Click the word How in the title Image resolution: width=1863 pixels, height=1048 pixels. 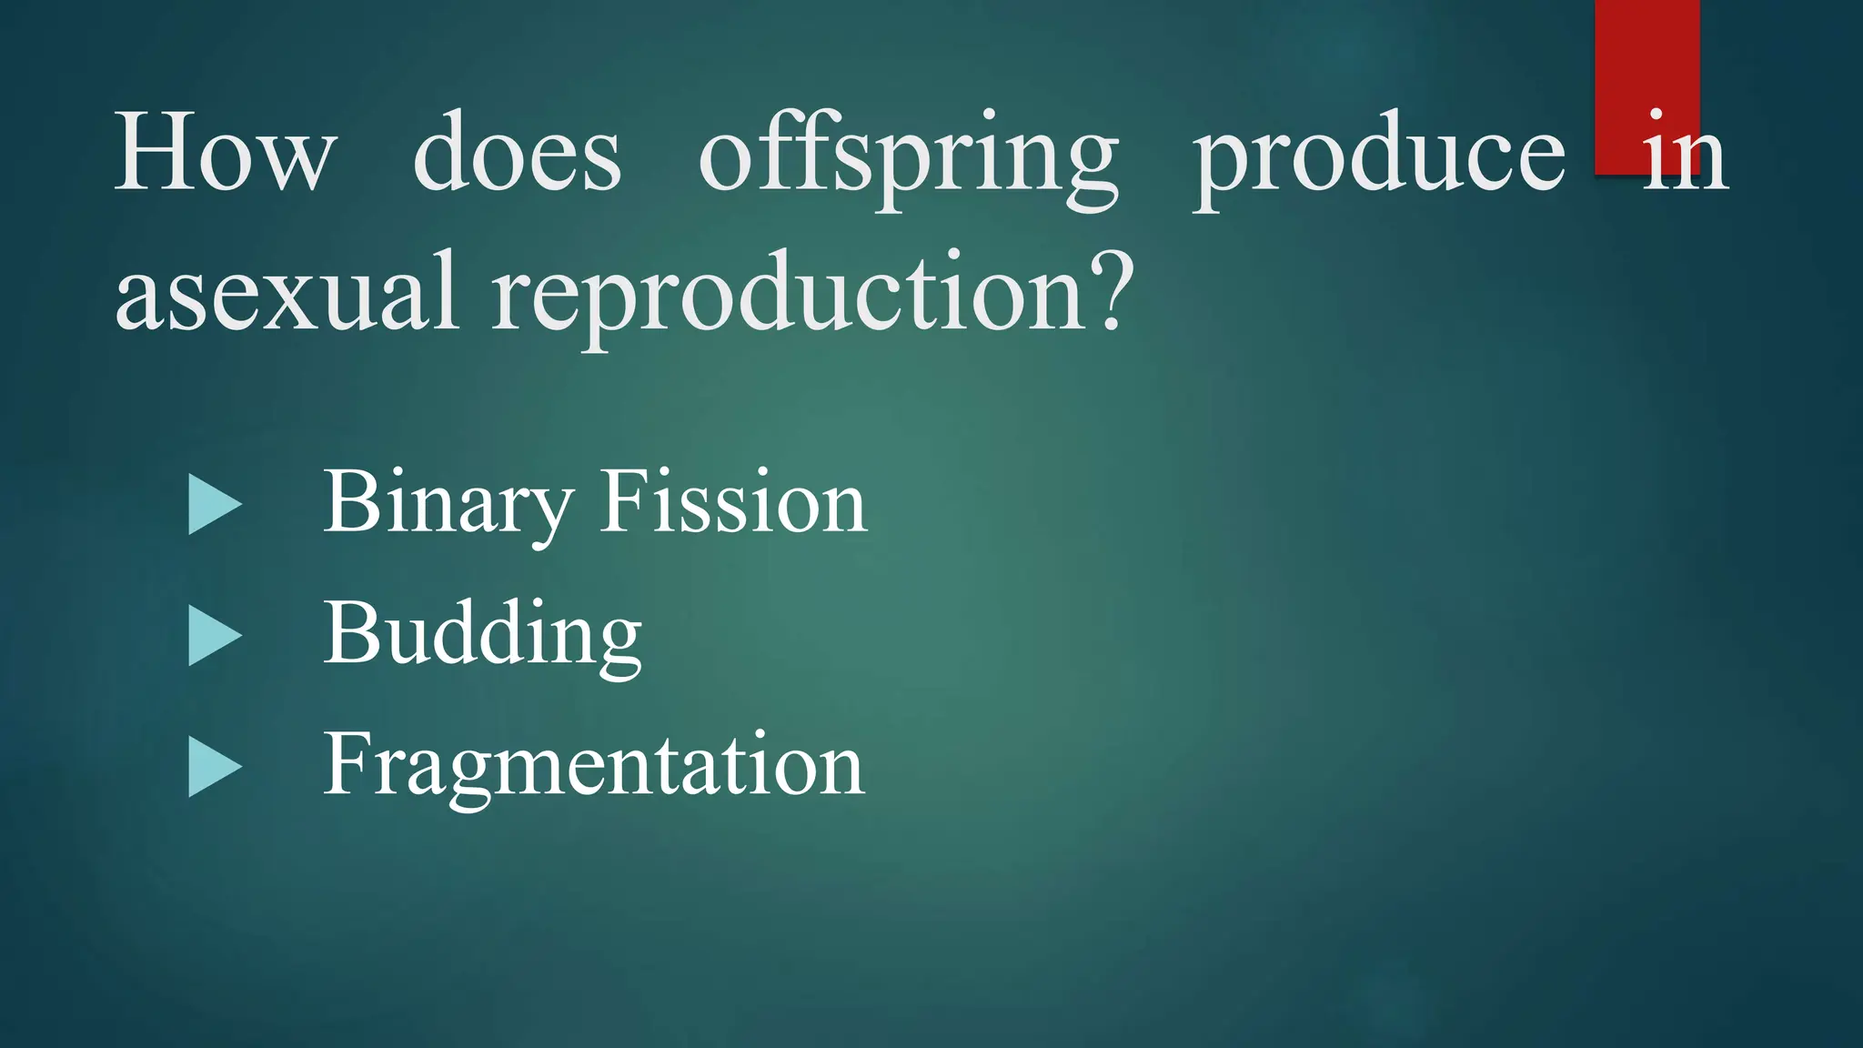pos(225,153)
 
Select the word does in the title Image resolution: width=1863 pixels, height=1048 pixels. pos(517,153)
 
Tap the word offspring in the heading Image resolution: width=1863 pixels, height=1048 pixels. pos(908,156)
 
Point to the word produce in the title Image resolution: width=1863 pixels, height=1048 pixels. pos(1379,156)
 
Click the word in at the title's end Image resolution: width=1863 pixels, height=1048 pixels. pos(1685,153)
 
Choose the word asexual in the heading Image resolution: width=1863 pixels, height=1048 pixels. pos(287,293)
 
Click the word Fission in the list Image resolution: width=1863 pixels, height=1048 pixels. pos(733,501)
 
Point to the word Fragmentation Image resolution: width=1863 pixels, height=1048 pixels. pos(593,765)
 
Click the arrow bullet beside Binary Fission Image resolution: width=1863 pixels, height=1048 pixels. pos(214,505)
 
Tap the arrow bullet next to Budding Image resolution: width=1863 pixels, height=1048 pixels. pos(214,636)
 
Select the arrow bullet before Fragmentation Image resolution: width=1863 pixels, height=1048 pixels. pos(214,767)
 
